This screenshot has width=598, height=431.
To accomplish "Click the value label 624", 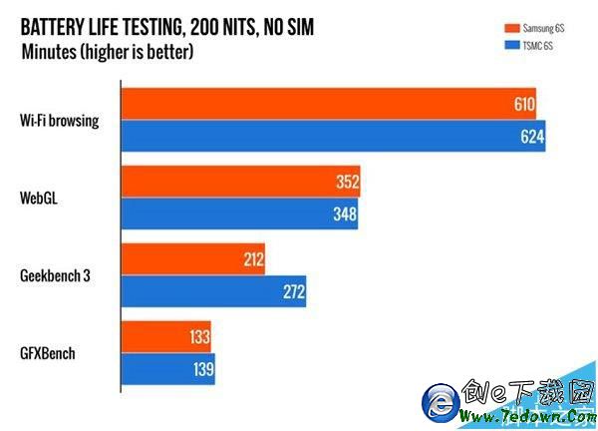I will (x=532, y=137).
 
